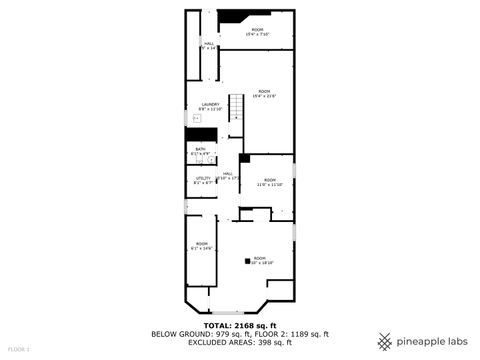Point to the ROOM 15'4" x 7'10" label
257,32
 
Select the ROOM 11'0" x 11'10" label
269,182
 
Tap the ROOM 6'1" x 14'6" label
201,246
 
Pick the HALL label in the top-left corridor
209,45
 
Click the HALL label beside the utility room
228,175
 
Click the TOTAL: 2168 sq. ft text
239,325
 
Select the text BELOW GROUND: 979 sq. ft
194,333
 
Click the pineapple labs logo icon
385,338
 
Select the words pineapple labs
432,338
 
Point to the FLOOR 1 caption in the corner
19,349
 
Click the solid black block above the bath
203,135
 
